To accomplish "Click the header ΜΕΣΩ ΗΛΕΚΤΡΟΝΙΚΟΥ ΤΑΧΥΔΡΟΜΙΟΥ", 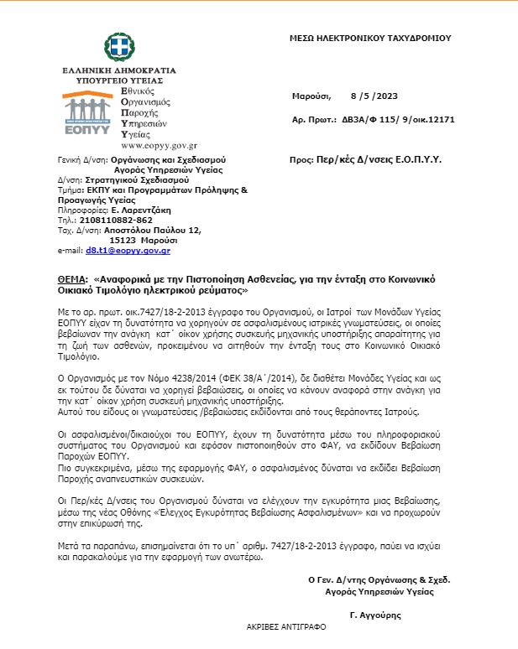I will pos(370,38).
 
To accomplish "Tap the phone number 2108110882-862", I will pos(118,220).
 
